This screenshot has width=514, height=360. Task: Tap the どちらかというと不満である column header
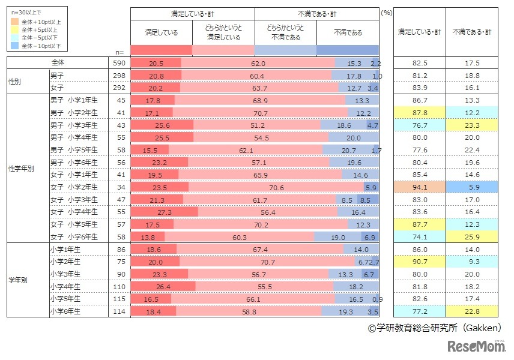(x=286, y=32)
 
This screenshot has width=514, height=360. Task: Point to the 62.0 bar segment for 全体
(x=258, y=63)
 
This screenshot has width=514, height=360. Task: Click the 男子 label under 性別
(x=58, y=76)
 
